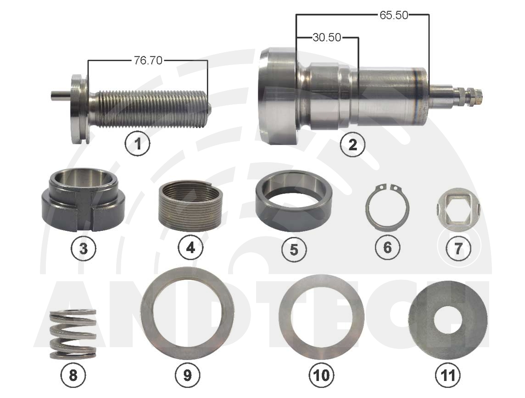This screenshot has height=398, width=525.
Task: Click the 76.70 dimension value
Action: tap(148, 60)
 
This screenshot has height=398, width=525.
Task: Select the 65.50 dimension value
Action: tap(394, 15)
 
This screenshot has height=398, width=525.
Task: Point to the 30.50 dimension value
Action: tap(327, 37)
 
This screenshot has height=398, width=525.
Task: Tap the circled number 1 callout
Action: tap(137, 144)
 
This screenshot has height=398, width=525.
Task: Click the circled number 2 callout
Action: tap(352, 145)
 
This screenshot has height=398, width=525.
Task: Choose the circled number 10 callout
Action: tap(321, 375)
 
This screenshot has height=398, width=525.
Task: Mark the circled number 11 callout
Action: tap(448, 375)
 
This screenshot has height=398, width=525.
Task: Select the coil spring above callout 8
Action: tap(73, 334)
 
